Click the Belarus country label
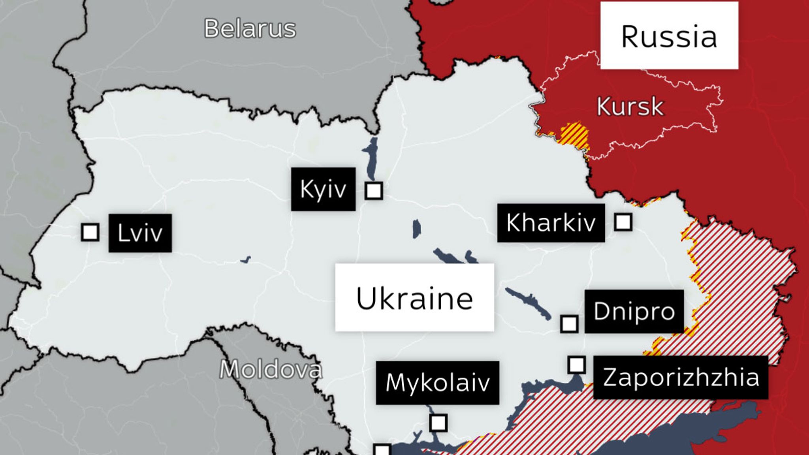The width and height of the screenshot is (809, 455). pyautogui.click(x=250, y=29)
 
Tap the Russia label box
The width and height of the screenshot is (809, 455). pyautogui.click(x=669, y=36)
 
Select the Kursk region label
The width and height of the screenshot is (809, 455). pyautogui.click(x=630, y=106)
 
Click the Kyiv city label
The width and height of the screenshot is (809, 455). pyautogui.click(x=323, y=189)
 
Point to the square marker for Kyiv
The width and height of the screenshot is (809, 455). pyautogui.click(x=374, y=191)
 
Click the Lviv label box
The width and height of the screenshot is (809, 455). pyautogui.click(x=140, y=233)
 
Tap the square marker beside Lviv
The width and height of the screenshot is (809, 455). pyautogui.click(x=90, y=232)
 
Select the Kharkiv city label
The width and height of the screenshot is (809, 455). pyautogui.click(x=551, y=223)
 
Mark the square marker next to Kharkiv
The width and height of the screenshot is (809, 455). pyautogui.click(x=623, y=222)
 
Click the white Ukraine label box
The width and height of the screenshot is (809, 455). pyautogui.click(x=414, y=297)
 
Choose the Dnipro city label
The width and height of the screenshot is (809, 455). pyautogui.click(x=634, y=311)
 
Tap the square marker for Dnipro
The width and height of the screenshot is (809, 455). pyautogui.click(x=569, y=324)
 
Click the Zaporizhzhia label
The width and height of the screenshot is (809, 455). pyautogui.click(x=681, y=377)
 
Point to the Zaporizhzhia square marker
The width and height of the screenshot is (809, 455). pyautogui.click(x=577, y=365)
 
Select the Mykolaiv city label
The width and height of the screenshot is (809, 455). pyautogui.click(x=437, y=382)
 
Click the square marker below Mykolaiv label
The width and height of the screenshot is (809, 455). pyautogui.click(x=438, y=423)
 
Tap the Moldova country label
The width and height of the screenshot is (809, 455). pyautogui.click(x=271, y=370)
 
